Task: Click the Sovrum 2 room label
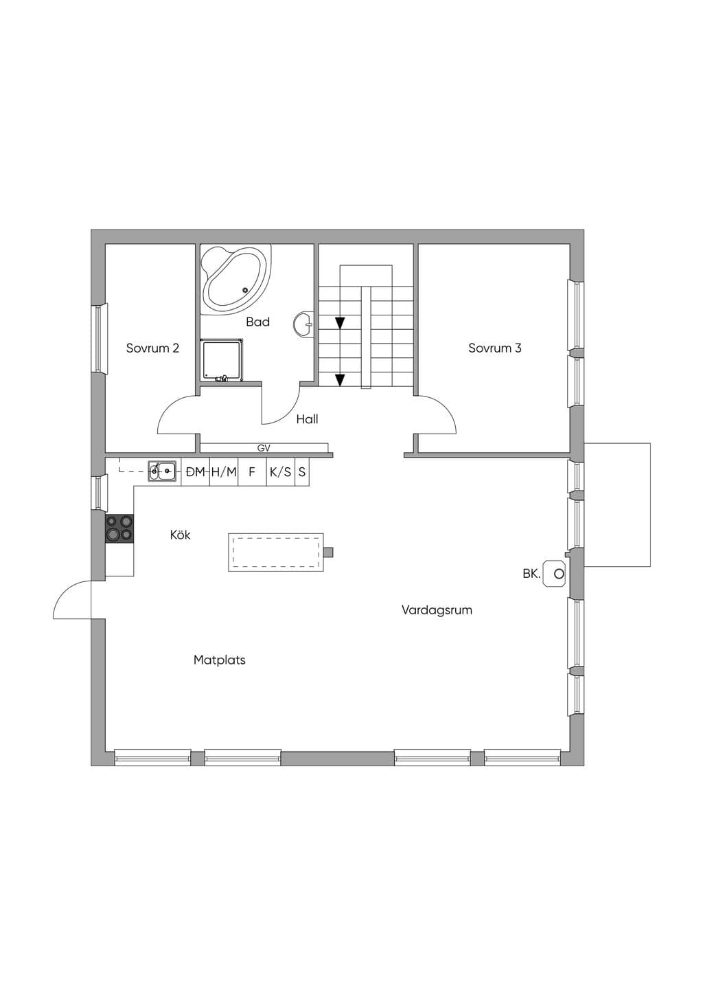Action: pos(152,348)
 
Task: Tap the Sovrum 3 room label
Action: pos(494,348)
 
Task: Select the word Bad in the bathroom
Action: pos(257,322)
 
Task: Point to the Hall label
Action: pos(307,419)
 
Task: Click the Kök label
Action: pos(180,535)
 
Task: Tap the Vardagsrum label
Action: pos(437,610)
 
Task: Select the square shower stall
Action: pos(222,360)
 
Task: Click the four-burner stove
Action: pos(119,528)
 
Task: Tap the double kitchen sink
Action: pos(162,471)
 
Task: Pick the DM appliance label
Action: pos(195,472)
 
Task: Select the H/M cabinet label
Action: pos(224,472)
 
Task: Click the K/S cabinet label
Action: pos(281,472)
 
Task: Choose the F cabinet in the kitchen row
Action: pos(252,472)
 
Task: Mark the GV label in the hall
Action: pos(264,448)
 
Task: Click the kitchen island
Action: pos(275,552)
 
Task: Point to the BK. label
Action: pos(531,574)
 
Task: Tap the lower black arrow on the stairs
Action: pos(340,380)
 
